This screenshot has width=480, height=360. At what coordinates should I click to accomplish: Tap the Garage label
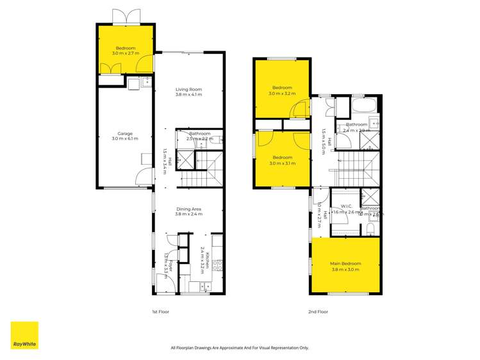click(x=125, y=133)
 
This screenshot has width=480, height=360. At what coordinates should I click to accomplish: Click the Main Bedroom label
click(x=345, y=264)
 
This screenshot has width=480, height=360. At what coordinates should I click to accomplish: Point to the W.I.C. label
click(x=346, y=206)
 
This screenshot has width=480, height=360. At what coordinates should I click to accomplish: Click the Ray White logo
click(x=24, y=335)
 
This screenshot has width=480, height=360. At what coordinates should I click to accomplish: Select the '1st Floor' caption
click(x=160, y=311)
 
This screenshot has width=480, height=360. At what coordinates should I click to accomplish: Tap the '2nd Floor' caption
click(x=319, y=311)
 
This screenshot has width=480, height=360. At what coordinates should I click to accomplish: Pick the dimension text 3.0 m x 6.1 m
click(x=125, y=139)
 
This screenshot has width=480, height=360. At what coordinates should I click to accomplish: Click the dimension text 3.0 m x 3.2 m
click(x=282, y=94)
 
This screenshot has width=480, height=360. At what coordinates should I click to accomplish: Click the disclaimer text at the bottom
click(x=240, y=348)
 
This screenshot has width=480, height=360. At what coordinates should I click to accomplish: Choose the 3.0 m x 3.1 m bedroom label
click(x=282, y=158)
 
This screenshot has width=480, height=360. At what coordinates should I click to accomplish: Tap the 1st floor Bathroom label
click(x=199, y=133)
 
